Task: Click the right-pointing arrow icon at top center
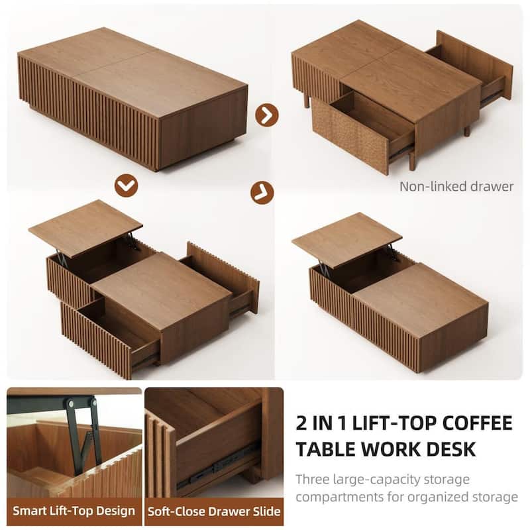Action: click(x=266, y=114)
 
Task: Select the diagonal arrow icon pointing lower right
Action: click(x=262, y=192)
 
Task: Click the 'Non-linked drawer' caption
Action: click(x=456, y=186)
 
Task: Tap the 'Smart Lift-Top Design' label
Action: click(x=74, y=511)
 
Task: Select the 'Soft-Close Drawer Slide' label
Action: click(x=214, y=511)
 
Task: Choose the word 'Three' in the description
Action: click(x=313, y=479)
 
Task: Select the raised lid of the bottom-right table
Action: click(x=346, y=237)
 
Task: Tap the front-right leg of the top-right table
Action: click(x=411, y=160)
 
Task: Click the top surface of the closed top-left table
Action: click(x=132, y=73)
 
